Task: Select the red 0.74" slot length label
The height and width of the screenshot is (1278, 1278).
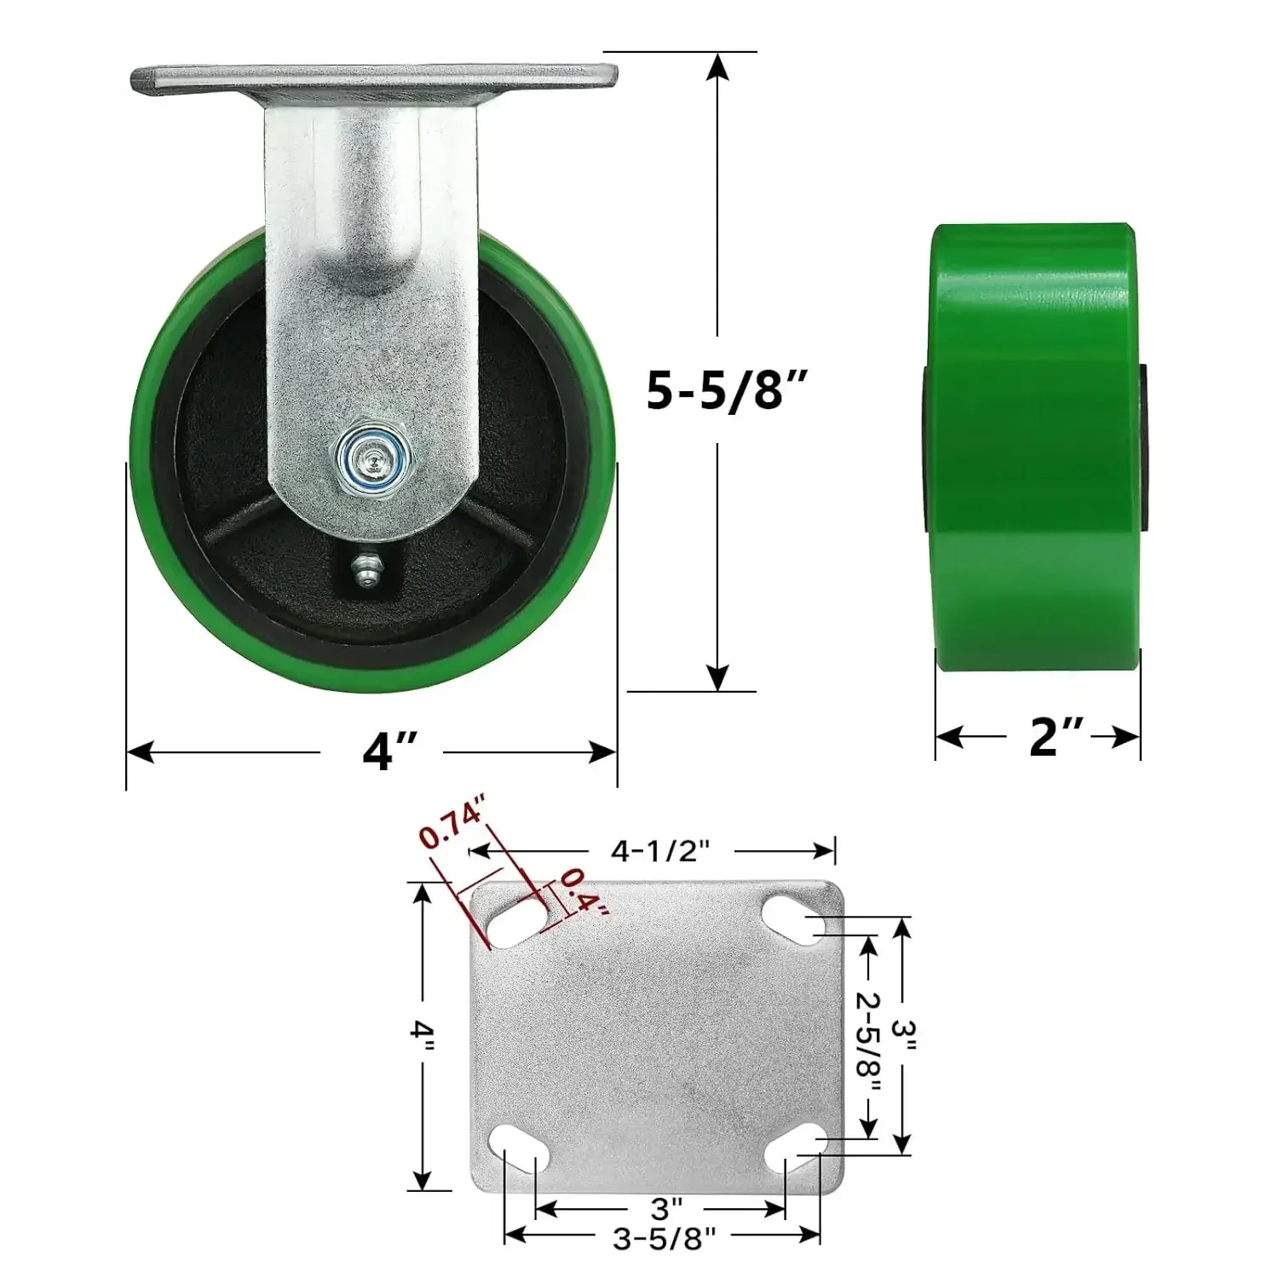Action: pos(452,822)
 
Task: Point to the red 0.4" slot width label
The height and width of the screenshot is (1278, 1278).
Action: pos(585,893)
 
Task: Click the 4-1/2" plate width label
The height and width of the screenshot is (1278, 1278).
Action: pos(660,850)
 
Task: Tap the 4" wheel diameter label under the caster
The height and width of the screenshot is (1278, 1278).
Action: pos(389,751)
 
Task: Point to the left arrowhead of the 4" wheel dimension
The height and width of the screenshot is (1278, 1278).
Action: pos(139,752)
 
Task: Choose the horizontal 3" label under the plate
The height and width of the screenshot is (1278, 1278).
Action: pos(666,1208)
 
